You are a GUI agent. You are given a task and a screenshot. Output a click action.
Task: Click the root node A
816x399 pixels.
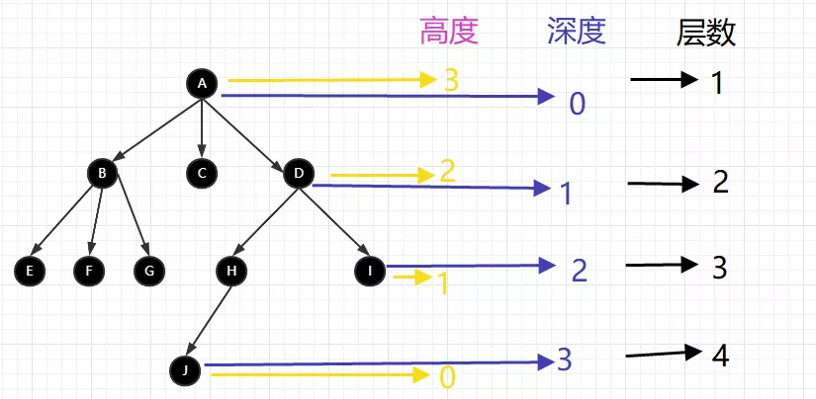click(x=202, y=84)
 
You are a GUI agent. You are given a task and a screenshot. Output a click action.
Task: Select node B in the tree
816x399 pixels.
click(x=102, y=174)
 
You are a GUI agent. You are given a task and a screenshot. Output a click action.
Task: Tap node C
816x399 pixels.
click(x=202, y=174)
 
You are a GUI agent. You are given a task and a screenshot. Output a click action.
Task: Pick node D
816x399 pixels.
click(x=298, y=174)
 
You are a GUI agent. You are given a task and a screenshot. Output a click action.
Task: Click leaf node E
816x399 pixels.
click(x=31, y=270)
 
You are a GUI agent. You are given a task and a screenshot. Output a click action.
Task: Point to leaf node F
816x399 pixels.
click(x=89, y=270)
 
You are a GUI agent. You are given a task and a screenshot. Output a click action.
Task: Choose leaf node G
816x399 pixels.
click(x=150, y=270)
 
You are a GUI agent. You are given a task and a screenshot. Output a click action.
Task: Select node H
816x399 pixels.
click(x=230, y=270)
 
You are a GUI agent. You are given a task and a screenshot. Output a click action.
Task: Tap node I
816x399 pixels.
click(x=371, y=270)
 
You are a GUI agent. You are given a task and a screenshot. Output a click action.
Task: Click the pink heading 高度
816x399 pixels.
click(x=449, y=33)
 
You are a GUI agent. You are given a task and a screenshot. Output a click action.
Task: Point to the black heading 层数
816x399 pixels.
click(x=705, y=34)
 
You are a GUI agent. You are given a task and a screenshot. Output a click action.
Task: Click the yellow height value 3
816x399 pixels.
click(x=451, y=80)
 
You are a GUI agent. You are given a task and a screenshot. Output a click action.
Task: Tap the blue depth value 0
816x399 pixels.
click(x=578, y=102)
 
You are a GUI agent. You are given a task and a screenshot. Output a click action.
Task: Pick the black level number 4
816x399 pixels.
click(x=720, y=355)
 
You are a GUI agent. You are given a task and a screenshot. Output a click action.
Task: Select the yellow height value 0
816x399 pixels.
click(x=447, y=376)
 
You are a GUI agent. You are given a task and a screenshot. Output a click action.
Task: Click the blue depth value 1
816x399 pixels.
click(x=566, y=193)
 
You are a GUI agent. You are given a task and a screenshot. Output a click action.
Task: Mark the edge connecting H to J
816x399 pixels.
click(x=209, y=319)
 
